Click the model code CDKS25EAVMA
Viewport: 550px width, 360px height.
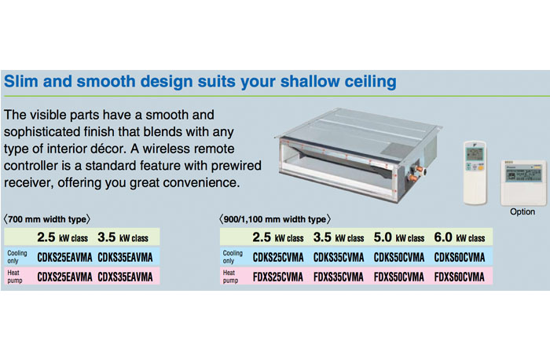(x=64, y=257)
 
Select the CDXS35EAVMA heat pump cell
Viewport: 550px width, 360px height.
(x=125, y=277)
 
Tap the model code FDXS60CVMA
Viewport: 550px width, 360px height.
(x=459, y=277)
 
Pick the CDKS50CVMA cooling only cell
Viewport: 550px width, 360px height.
(x=399, y=257)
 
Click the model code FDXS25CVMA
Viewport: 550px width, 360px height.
(x=278, y=277)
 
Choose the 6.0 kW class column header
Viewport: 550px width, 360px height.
(x=460, y=237)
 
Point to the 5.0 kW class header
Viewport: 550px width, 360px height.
(x=399, y=237)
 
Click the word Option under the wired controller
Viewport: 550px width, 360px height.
(x=522, y=211)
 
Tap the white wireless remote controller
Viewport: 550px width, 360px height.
(x=475, y=173)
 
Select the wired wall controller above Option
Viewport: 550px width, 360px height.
(x=523, y=182)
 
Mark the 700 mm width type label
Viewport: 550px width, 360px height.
(x=46, y=219)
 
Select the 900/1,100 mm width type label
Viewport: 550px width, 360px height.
(x=275, y=219)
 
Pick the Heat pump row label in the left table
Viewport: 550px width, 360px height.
(x=15, y=277)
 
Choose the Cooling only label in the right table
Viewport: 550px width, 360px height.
(x=233, y=257)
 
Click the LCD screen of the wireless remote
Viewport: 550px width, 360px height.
(x=475, y=154)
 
